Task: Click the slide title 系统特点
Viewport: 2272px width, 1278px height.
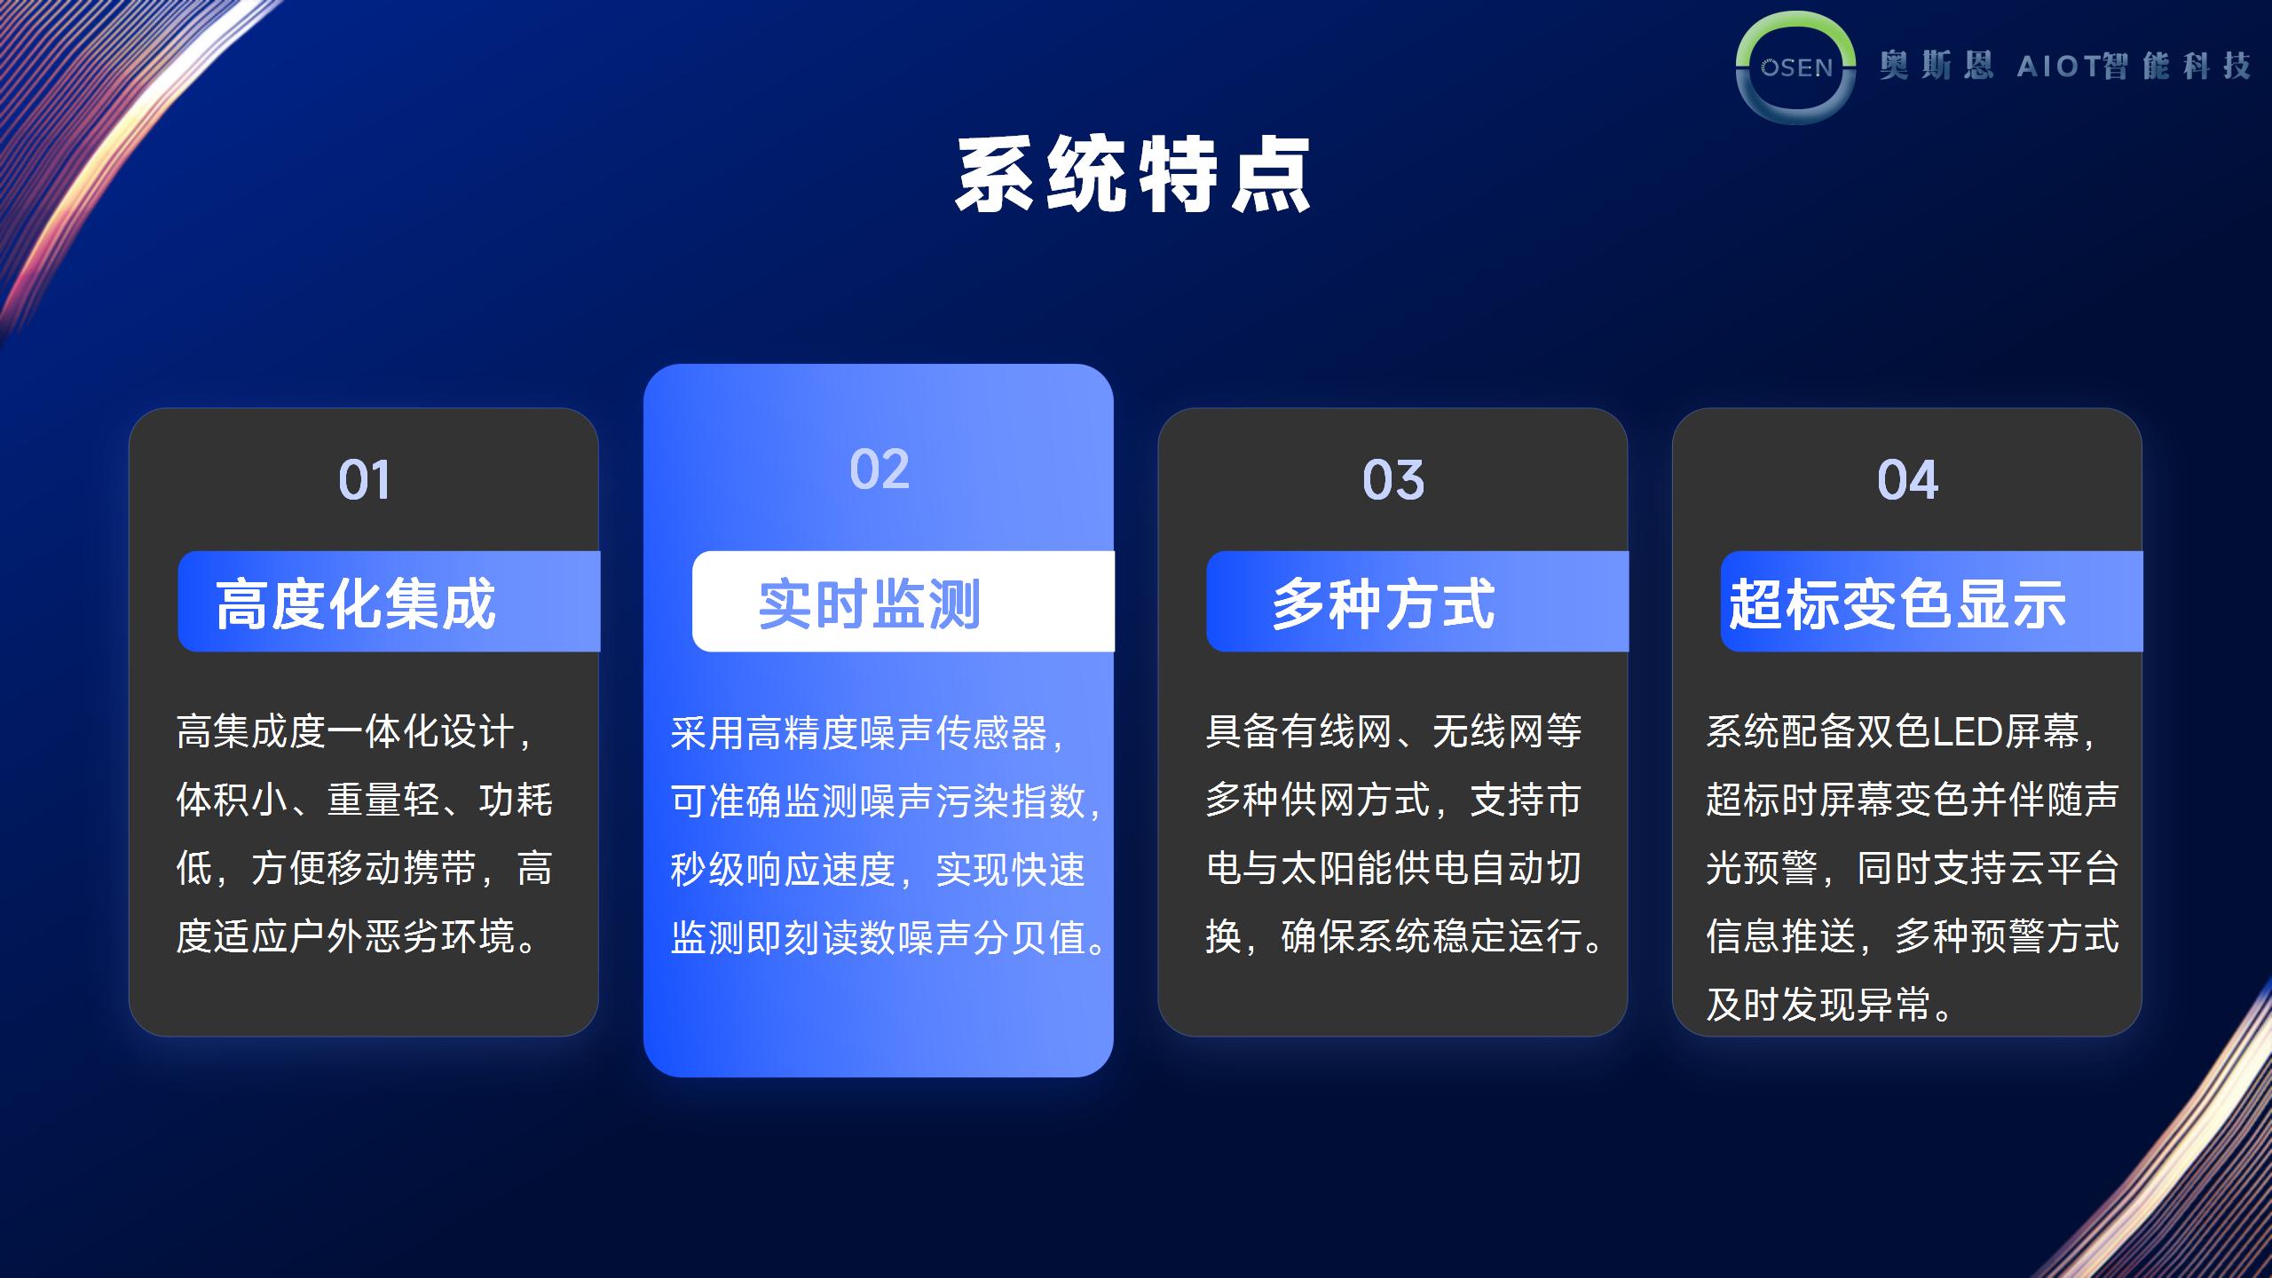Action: click(1133, 175)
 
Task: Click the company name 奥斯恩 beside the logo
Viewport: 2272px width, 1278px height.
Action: click(1936, 66)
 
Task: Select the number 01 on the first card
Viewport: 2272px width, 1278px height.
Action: click(364, 480)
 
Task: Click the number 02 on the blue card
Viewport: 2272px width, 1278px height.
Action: click(880, 469)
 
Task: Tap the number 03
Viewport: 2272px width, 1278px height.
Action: click(1393, 480)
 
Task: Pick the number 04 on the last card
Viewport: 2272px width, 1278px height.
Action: click(1907, 480)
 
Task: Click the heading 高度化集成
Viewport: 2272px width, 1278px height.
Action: click(356, 604)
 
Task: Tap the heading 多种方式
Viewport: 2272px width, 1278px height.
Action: click(1384, 604)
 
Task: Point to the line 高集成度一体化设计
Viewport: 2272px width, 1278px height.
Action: click(345, 732)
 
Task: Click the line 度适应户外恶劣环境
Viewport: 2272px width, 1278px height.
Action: click(346, 936)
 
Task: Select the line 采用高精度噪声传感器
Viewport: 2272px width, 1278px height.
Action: click(859, 733)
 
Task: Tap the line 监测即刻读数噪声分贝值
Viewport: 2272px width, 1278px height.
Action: click(878, 937)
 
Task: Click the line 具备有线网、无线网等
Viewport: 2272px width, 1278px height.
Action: click(1393, 732)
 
